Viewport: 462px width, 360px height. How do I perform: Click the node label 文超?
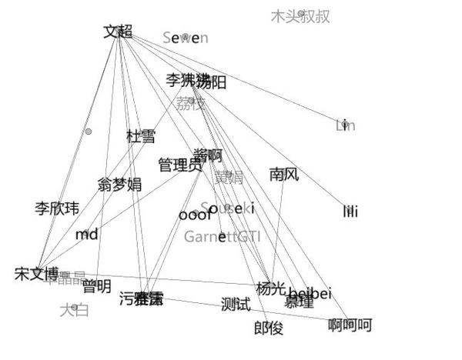[118, 32]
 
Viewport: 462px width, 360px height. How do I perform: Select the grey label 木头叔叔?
[300, 16]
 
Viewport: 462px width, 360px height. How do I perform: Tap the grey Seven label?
[186, 37]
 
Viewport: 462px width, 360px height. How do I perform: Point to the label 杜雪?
[141, 136]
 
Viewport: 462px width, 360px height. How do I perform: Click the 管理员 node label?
[179, 165]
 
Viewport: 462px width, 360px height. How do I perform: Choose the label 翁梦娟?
[119, 184]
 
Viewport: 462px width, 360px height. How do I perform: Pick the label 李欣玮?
[57, 208]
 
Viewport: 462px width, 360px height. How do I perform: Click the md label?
[87, 234]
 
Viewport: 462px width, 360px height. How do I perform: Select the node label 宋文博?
[36, 273]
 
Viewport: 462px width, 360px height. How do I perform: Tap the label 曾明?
[96, 287]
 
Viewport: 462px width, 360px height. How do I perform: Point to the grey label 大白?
[75, 310]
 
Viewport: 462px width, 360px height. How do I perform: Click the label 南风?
[283, 175]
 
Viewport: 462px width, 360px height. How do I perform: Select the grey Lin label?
[346, 125]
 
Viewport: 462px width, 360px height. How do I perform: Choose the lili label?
[350, 211]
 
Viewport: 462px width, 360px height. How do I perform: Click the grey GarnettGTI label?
[222, 236]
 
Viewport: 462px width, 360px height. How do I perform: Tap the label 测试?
[236, 305]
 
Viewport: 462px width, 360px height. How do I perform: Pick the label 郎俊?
[269, 328]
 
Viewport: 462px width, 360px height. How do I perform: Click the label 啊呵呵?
[350, 325]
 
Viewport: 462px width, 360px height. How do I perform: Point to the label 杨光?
[270, 288]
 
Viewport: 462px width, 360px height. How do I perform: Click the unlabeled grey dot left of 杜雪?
[89, 132]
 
